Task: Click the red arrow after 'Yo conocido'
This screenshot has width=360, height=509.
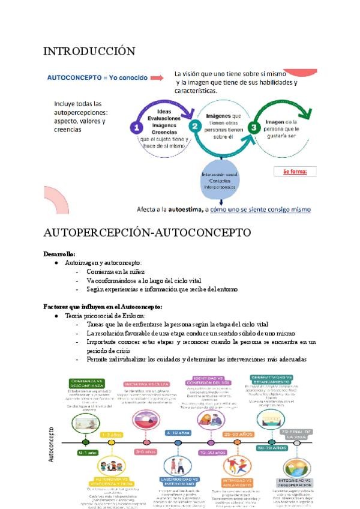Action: (x=157, y=78)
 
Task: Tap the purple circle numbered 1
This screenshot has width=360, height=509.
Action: (x=137, y=128)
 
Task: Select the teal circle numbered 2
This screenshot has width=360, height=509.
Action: (x=194, y=127)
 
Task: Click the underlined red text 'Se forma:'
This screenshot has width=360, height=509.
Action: (x=295, y=172)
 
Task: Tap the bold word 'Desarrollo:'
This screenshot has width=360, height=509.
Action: (x=59, y=254)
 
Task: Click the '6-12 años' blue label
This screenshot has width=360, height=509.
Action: (x=178, y=433)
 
